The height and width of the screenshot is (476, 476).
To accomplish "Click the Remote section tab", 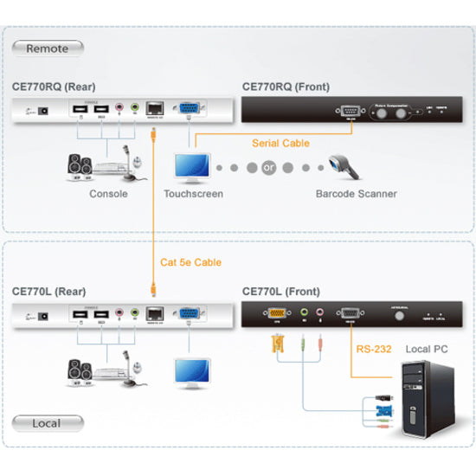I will coord(48,48).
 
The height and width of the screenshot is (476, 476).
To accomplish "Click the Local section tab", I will coord(48,423).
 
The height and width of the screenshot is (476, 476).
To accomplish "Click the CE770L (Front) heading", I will coord(283,293).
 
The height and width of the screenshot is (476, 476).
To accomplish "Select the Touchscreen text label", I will coord(194,194).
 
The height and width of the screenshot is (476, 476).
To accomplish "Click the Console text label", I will coord(108,194).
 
